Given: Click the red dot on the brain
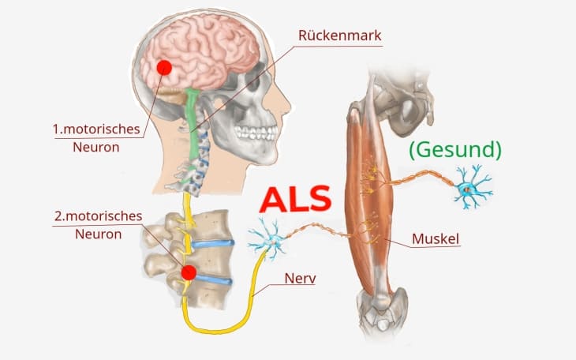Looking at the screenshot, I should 164,67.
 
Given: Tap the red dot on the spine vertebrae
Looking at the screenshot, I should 189,273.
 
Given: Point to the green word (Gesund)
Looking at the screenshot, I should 454,149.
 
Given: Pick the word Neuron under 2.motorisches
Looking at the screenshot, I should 99,234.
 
